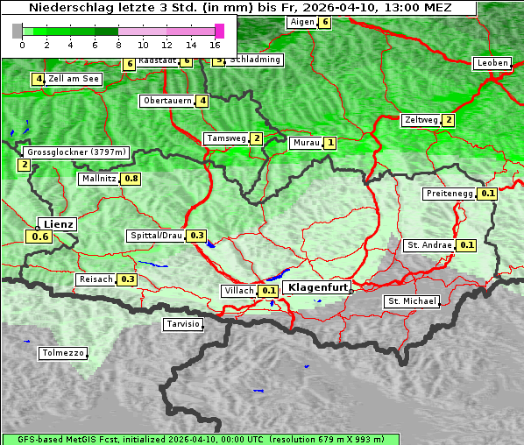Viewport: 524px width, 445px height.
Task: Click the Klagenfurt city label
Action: pos(318,287)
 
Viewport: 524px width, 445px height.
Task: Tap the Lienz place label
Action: pos(59,224)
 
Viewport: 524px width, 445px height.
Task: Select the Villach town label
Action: pos(238,290)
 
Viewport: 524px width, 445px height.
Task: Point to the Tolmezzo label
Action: pos(63,354)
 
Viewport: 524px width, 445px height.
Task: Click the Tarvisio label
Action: pos(183,325)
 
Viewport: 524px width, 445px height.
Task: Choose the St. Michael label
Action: pos(412,301)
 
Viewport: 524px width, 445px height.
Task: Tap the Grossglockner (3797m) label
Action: pos(77,152)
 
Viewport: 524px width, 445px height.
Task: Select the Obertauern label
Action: pos(167,101)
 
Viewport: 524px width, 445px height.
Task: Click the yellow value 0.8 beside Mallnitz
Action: pos(131,179)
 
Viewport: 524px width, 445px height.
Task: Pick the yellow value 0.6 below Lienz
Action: pos(39,237)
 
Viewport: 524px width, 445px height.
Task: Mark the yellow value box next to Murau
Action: pos(330,143)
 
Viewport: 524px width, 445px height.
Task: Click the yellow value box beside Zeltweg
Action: pos(449,120)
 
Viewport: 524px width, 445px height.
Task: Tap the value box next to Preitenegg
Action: pos(488,194)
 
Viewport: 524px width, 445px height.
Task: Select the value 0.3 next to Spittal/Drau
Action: pos(197,236)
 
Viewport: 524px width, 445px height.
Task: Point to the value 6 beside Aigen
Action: pos(325,22)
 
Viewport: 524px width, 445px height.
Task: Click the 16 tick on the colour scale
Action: pos(216,44)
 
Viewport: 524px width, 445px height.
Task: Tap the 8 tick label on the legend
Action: pos(118,44)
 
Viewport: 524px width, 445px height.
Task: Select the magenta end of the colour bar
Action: pos(219,31)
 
